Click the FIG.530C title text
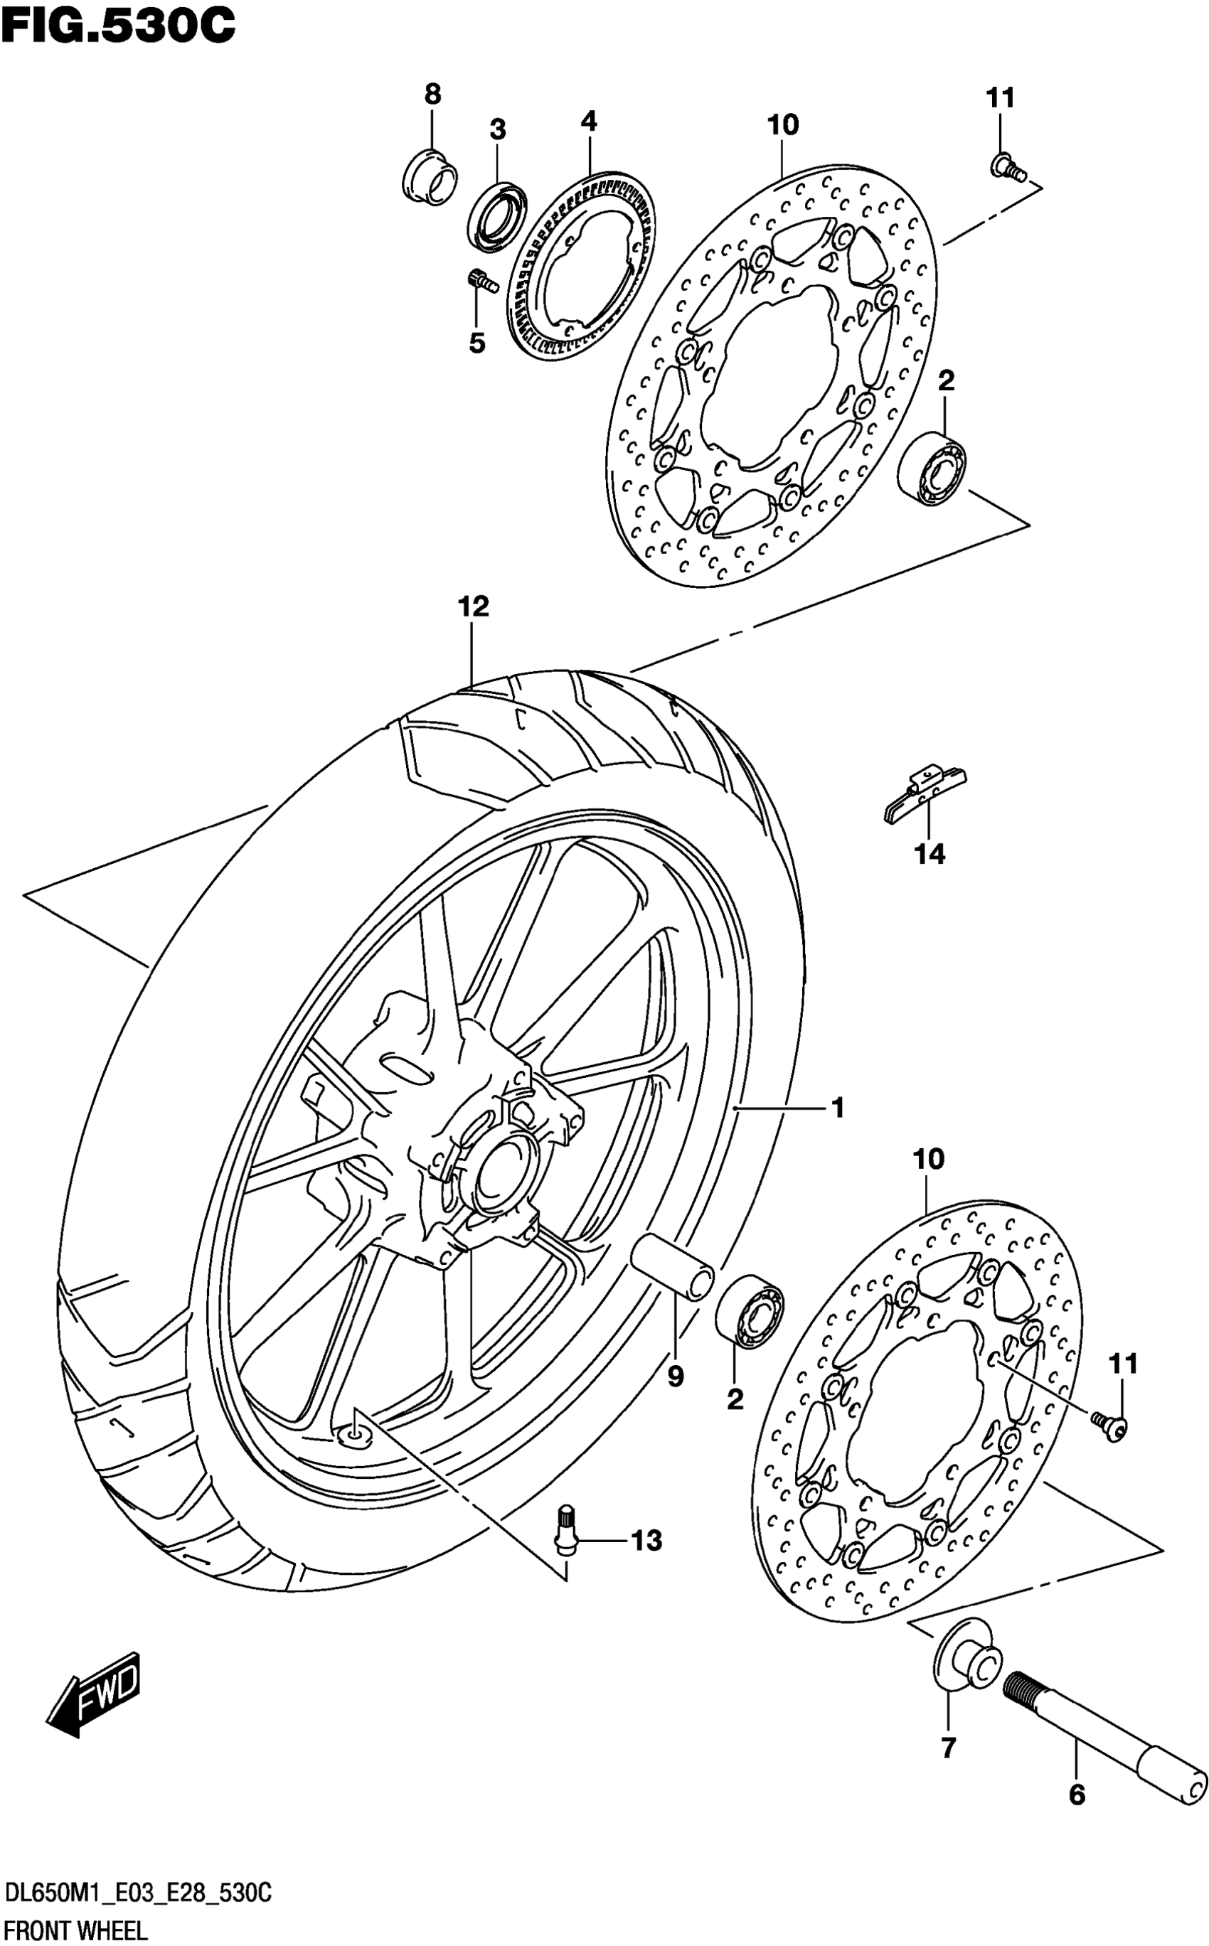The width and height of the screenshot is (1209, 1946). click(118, 27)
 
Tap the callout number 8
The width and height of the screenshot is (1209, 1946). click(432, 95)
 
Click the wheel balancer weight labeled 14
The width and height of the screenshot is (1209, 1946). click(926, 793)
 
